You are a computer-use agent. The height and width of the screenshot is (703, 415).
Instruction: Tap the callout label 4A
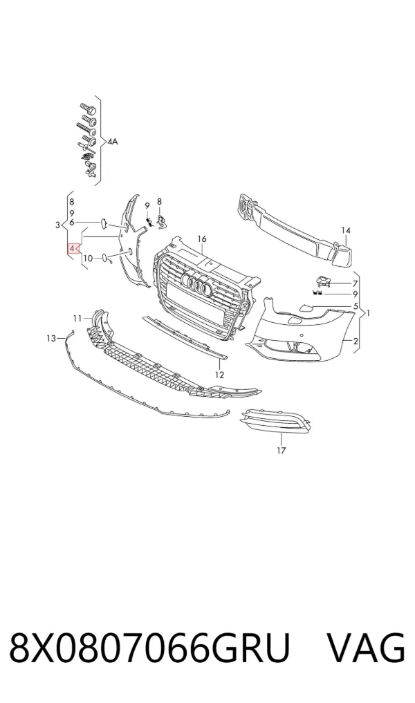[112, 142]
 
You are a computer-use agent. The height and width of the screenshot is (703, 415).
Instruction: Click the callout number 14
[345, 230]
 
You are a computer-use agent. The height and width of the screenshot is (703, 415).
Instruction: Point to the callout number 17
[282, 451]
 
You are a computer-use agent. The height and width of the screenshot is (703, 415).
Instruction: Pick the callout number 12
[219, 375]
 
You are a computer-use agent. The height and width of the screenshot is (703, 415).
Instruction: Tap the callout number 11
[77, 319]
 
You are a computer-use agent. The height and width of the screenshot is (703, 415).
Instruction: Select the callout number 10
[88, 259]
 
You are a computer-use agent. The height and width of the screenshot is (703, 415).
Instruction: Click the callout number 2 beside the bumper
[356, 341]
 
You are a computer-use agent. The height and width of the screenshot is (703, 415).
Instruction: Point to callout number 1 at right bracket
[369, 313]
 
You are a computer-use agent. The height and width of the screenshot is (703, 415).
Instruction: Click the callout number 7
[356, 283]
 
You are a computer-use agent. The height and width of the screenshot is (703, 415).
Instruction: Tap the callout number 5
[356, 307]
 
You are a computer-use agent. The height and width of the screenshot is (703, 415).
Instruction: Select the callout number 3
[57, 225]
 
